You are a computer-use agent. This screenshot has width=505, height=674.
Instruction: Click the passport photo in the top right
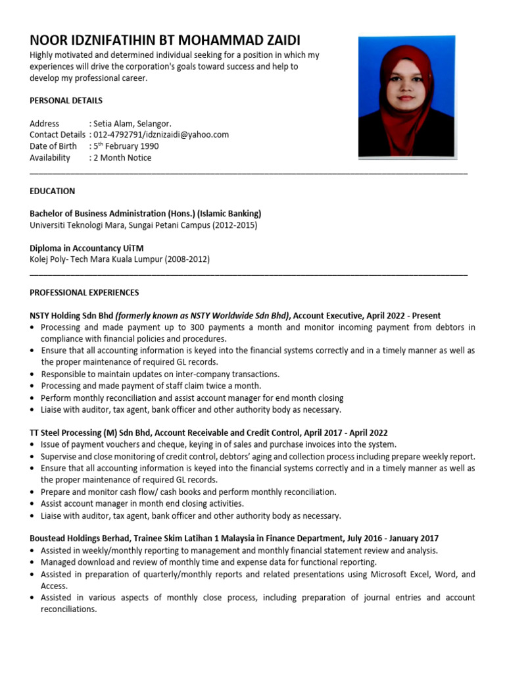tap(406, 97)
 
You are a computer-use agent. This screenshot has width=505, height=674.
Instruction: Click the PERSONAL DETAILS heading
tap(66, 101)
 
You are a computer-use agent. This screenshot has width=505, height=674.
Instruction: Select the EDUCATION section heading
tap(53, 191)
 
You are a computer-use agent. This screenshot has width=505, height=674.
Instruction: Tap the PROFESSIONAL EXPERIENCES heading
tap(84, 292)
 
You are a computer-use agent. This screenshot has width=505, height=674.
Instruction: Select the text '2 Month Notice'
tap(123, 158)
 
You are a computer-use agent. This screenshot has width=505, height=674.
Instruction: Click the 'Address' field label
tap(44, 124)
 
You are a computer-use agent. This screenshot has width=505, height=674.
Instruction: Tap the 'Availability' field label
tap(50, 158)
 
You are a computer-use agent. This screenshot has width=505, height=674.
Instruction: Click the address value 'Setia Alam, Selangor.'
tap(132, 124)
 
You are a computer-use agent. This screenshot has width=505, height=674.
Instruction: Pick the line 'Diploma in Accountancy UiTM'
tap(86, 248)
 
